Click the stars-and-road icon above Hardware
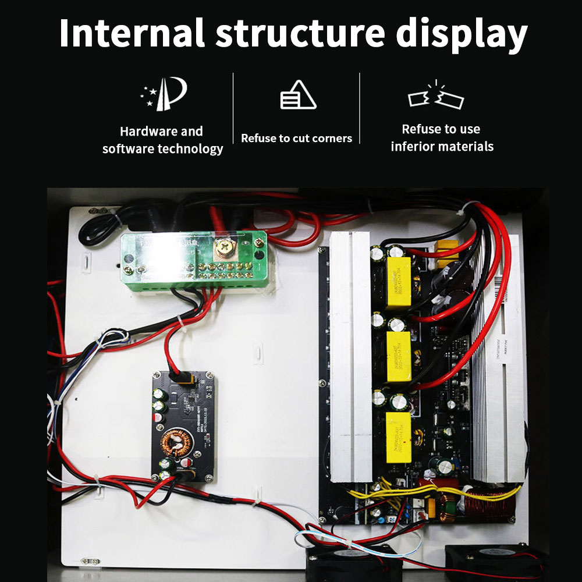tap(163, 95)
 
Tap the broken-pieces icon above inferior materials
tap(436, 97)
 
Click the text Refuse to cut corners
tap(296, 139)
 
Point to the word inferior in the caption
tap(414, 147)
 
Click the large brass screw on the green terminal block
tap(222, 248)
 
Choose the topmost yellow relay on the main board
tap(399, 282)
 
